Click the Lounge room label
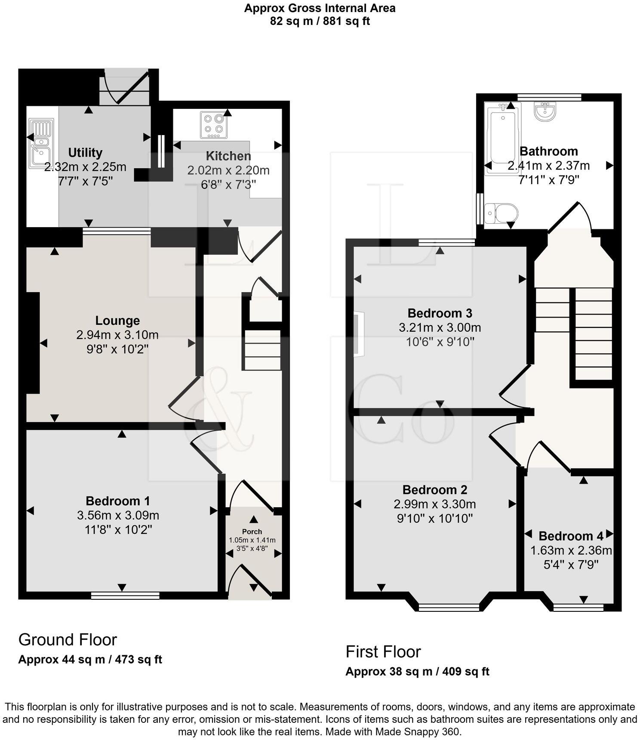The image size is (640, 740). click(x=117, y=321)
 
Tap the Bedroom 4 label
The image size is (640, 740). click(x=571, y=536)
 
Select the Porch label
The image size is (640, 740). click(x=252, y=531)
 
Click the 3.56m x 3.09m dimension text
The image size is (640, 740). click(x=118, y=515)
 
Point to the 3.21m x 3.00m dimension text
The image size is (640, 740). click(x=440, y=327)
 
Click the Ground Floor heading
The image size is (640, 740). click(x=68, y=640)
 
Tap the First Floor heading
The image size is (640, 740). click(x=383, y=652)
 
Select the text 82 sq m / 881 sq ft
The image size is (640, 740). click(x=320, y=21)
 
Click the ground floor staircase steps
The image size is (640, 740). click(x=263, y=350)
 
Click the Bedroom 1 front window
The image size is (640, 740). click(x=125, y=595)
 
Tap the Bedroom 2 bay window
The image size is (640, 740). click(x=449, y=607)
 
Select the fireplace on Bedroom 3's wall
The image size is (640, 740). click(x=358, y=334)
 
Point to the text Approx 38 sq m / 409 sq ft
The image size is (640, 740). click(x=417, y=671)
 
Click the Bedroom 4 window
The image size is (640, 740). click(x=578, y=607)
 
